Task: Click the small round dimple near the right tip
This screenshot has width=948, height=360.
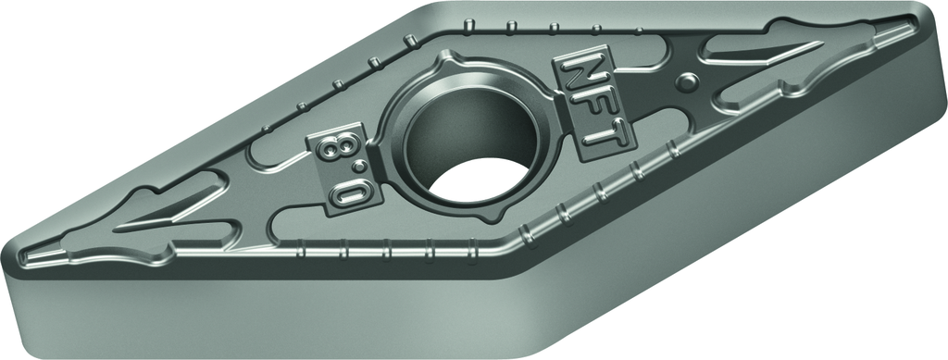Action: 688,81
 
